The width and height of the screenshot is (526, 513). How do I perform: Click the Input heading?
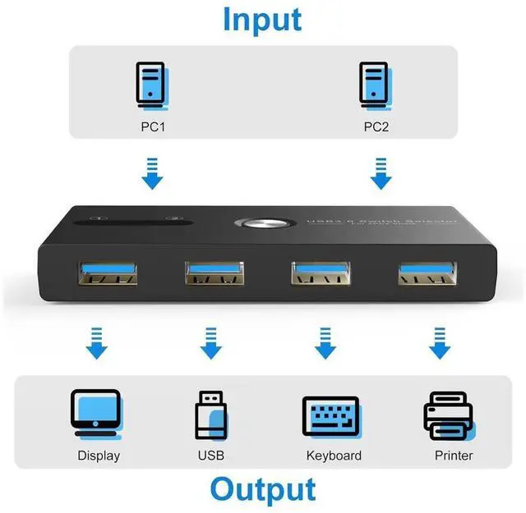(x=262, y=20)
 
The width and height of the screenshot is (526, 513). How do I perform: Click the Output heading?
(x=262, y=489)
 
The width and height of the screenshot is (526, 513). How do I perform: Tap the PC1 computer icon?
(x=151, y=85)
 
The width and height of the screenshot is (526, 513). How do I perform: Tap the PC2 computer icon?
(x=376, y=85)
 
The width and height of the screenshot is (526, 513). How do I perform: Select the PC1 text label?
(x=151, y=126)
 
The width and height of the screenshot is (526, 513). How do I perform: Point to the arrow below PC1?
(x=152, y=174)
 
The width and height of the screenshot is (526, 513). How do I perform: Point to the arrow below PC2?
(x=379, y=174)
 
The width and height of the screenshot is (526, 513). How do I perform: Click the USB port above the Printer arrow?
(x=426, y=273)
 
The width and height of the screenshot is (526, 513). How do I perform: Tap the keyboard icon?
(x=330, y=415)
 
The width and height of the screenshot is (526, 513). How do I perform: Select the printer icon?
(x=448, y=415)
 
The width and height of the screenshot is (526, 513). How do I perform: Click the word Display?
(x=99, y=456)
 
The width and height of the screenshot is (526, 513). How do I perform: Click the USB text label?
(x=210, y=456)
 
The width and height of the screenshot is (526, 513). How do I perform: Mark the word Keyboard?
(x=334, y=456)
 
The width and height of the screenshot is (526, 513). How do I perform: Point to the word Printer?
(x=454, y=456)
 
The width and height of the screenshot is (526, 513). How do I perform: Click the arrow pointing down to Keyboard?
(x=325, y=343)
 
